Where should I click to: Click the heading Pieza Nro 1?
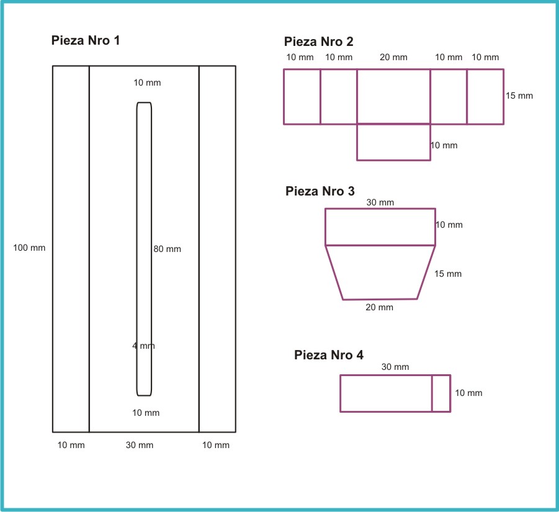point(86,40)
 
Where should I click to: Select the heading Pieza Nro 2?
point(319,42)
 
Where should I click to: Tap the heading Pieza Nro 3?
point(320,191)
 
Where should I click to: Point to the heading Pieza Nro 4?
point(329,355)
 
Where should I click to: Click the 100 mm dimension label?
point(29,248)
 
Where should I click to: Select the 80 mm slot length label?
point(167,249)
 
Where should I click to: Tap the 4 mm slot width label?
point(144,346)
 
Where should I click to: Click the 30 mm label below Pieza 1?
point(140,445)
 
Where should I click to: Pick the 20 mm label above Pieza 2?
point(393,57)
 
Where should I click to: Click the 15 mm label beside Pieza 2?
point(519,96)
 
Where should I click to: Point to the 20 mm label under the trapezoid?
point(379,307)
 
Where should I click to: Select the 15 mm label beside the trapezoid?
point(448,274)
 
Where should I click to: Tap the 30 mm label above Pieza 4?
point(395,367)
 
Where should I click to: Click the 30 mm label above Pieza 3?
point(380,202)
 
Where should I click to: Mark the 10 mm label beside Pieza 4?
point(469,393)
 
